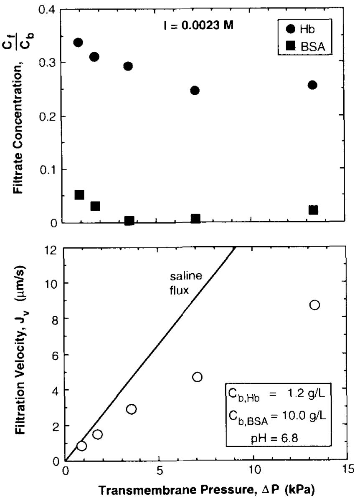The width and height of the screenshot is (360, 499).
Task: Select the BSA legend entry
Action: [x=305, y=46]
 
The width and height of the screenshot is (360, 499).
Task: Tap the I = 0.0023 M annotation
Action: [x=198, y=25]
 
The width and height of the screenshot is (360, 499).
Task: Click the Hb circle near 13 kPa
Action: [x=312, y=85]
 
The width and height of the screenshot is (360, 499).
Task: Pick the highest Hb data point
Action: [x=78, y=42]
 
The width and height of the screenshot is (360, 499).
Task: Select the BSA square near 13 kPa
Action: [x=313, y=210]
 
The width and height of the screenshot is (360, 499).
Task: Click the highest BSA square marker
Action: [x=79, y=195]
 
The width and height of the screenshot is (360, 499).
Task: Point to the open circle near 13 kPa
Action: [x=314, y=305]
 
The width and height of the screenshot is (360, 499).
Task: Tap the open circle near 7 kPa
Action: [x=197, y=377]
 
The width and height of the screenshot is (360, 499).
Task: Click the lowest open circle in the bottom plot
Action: [x=81, y=446]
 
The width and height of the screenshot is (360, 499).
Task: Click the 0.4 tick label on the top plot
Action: [x=47, y=10]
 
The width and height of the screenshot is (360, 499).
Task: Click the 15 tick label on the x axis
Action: [x=347, y=470]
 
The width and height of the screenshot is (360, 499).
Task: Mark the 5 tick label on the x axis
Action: [x=160, y=470]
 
